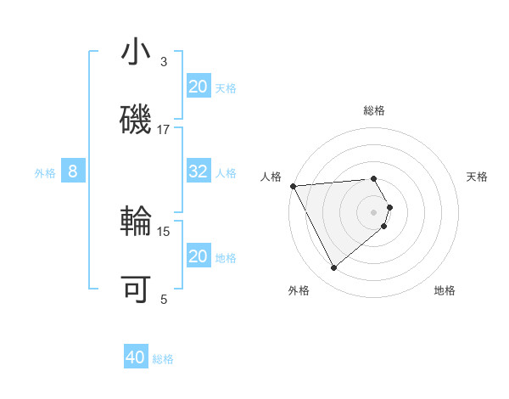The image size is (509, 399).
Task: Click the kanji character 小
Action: [137, 53]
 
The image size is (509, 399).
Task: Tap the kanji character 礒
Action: [137, 121]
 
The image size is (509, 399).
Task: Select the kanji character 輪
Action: [137, 222]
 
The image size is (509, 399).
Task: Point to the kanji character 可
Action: [137, 289]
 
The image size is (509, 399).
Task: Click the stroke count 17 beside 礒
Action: [164, 129]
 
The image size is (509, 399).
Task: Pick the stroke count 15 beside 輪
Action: [164, 231]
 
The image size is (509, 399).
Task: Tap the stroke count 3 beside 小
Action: [164, 61]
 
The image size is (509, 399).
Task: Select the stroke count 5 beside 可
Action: [164, 298]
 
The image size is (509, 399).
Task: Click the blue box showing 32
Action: [199, 171]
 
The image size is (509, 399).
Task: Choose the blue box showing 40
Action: [136, 358]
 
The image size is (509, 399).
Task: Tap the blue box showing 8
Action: [73, 171]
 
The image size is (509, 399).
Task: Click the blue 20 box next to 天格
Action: [199, 87]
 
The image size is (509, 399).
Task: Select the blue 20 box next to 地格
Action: [199, 256]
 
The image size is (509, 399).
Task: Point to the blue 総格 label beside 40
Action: [163, 359]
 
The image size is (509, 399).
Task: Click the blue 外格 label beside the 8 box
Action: [45, 172]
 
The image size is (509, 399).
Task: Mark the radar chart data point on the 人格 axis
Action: [292, 185]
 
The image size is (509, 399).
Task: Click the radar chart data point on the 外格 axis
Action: [333, 268]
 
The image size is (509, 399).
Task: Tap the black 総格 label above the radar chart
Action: [374, 110]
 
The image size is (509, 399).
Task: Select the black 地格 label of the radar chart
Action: [445, 290]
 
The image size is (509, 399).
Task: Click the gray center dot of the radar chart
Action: [374, 211]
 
